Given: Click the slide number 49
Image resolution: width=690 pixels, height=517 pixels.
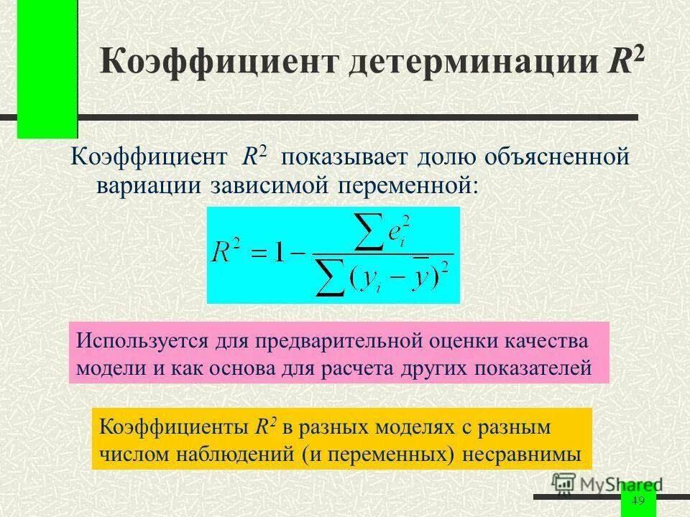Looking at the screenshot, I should pyautogui.click(x=638, y=501).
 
